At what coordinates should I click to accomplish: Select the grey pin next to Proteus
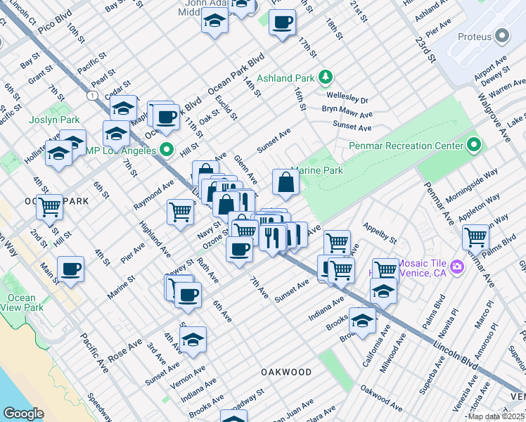pos(501,35)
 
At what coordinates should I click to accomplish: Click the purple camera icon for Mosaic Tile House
pos(458,267)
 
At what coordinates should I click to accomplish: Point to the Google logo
pos(23,414)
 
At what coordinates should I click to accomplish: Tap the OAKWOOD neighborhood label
pos(286,371)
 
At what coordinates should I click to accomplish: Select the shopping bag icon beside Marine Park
pos(286,182)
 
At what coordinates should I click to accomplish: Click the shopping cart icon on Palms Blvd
pos(476,237)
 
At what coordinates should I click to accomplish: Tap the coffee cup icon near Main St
pos(70,269)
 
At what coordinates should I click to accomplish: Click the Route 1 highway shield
pos(92,94)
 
